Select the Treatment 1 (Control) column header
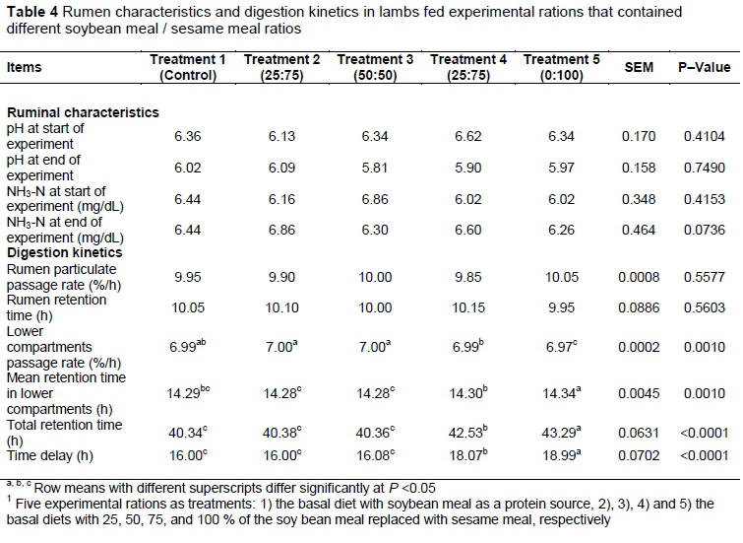(x=187, y=67)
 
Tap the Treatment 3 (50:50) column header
(x=374, y=67)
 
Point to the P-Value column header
(x=704, y=67)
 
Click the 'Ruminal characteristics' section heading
(x=83, y=113)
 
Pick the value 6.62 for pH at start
(x=468, y=137)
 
